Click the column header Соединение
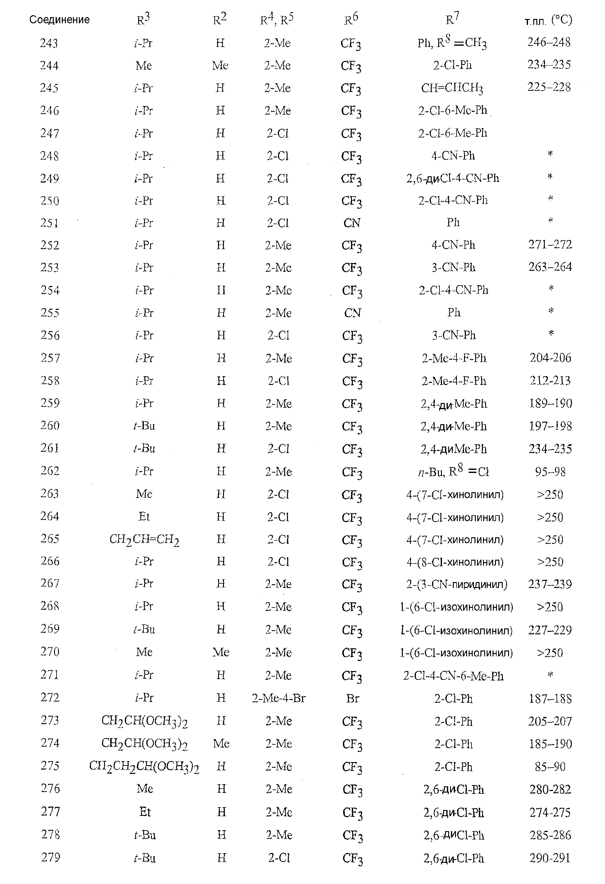[59, 20]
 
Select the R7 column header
[452, 19]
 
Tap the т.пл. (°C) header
[548, 20]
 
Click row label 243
[49, 43]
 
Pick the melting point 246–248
[549, 42]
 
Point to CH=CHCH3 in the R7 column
[452, 88]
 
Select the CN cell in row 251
[352, 223]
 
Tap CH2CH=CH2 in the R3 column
[144, 539]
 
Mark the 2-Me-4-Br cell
[279, 698]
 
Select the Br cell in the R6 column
[352, 698]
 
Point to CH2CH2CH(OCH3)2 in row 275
[144, 766]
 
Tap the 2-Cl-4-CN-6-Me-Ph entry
[453, 676]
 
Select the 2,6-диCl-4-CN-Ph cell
[452, 178]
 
